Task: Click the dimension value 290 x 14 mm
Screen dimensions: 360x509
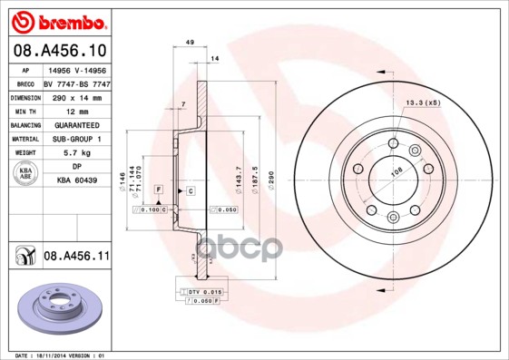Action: click(76, 97)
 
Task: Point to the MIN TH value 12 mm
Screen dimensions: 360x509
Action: click(76, 111)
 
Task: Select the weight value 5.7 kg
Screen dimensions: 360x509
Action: click(76, 153)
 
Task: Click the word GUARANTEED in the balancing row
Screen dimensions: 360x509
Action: click(76, 125)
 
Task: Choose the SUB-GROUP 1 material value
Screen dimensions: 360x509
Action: click(76, 139)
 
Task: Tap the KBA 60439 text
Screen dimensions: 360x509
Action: click(76, 181)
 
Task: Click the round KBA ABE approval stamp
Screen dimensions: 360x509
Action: click(25, 174)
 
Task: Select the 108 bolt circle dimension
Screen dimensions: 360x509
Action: click(395, 171)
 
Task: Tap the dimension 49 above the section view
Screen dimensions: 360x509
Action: click(190, 43)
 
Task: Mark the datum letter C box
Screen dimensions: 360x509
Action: click(191, 190)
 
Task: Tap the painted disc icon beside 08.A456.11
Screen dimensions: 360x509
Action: click(24, 258)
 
